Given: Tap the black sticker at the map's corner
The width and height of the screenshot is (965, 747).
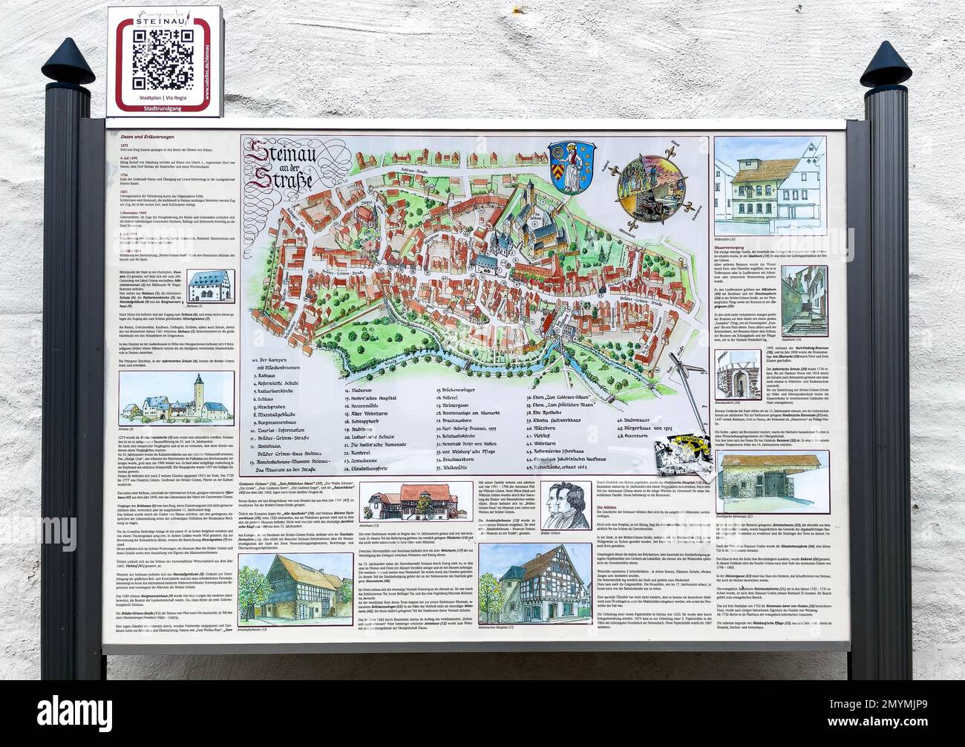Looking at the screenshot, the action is (678, 461).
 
